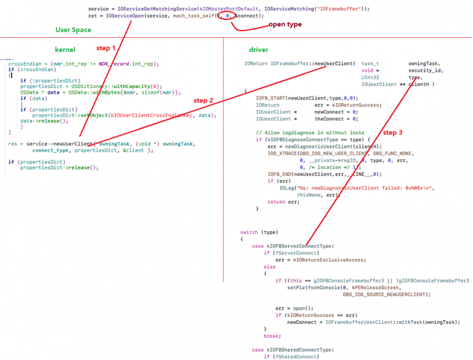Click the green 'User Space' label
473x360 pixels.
pos(73,29)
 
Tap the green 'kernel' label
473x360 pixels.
pos(65,50)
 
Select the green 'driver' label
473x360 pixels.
pos(259,50)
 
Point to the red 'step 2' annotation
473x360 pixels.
pos(204,100)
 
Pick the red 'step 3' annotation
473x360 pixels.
pos(393,133)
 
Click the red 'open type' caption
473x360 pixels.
pos(285,25)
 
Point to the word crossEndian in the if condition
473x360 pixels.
pos(32,69)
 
